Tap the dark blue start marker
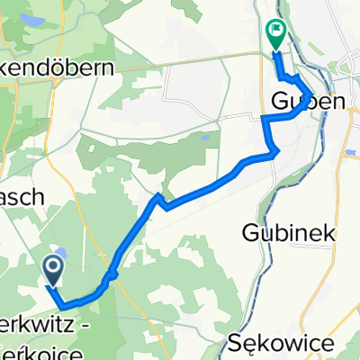[x=52, y=267]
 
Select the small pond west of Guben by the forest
[x=206, y=139]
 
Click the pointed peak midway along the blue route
[x=158, y=195]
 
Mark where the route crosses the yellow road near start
[x=114, y=273]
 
